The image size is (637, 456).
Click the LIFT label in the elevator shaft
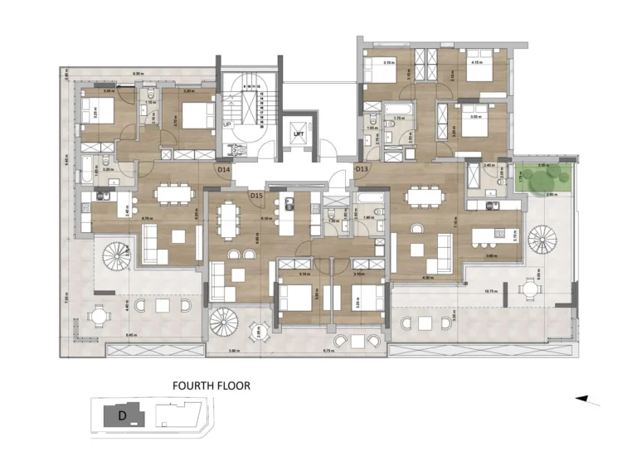pos(298,133)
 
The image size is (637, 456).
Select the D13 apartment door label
pos(362,169)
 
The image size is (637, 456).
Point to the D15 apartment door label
pos(256,195)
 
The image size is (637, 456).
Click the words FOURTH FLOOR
pos(211,386)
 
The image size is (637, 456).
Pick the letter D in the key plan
pos(122,414)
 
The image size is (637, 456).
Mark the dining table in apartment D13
pos(423,196)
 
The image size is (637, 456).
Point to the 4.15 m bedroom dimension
pos(476,62)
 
